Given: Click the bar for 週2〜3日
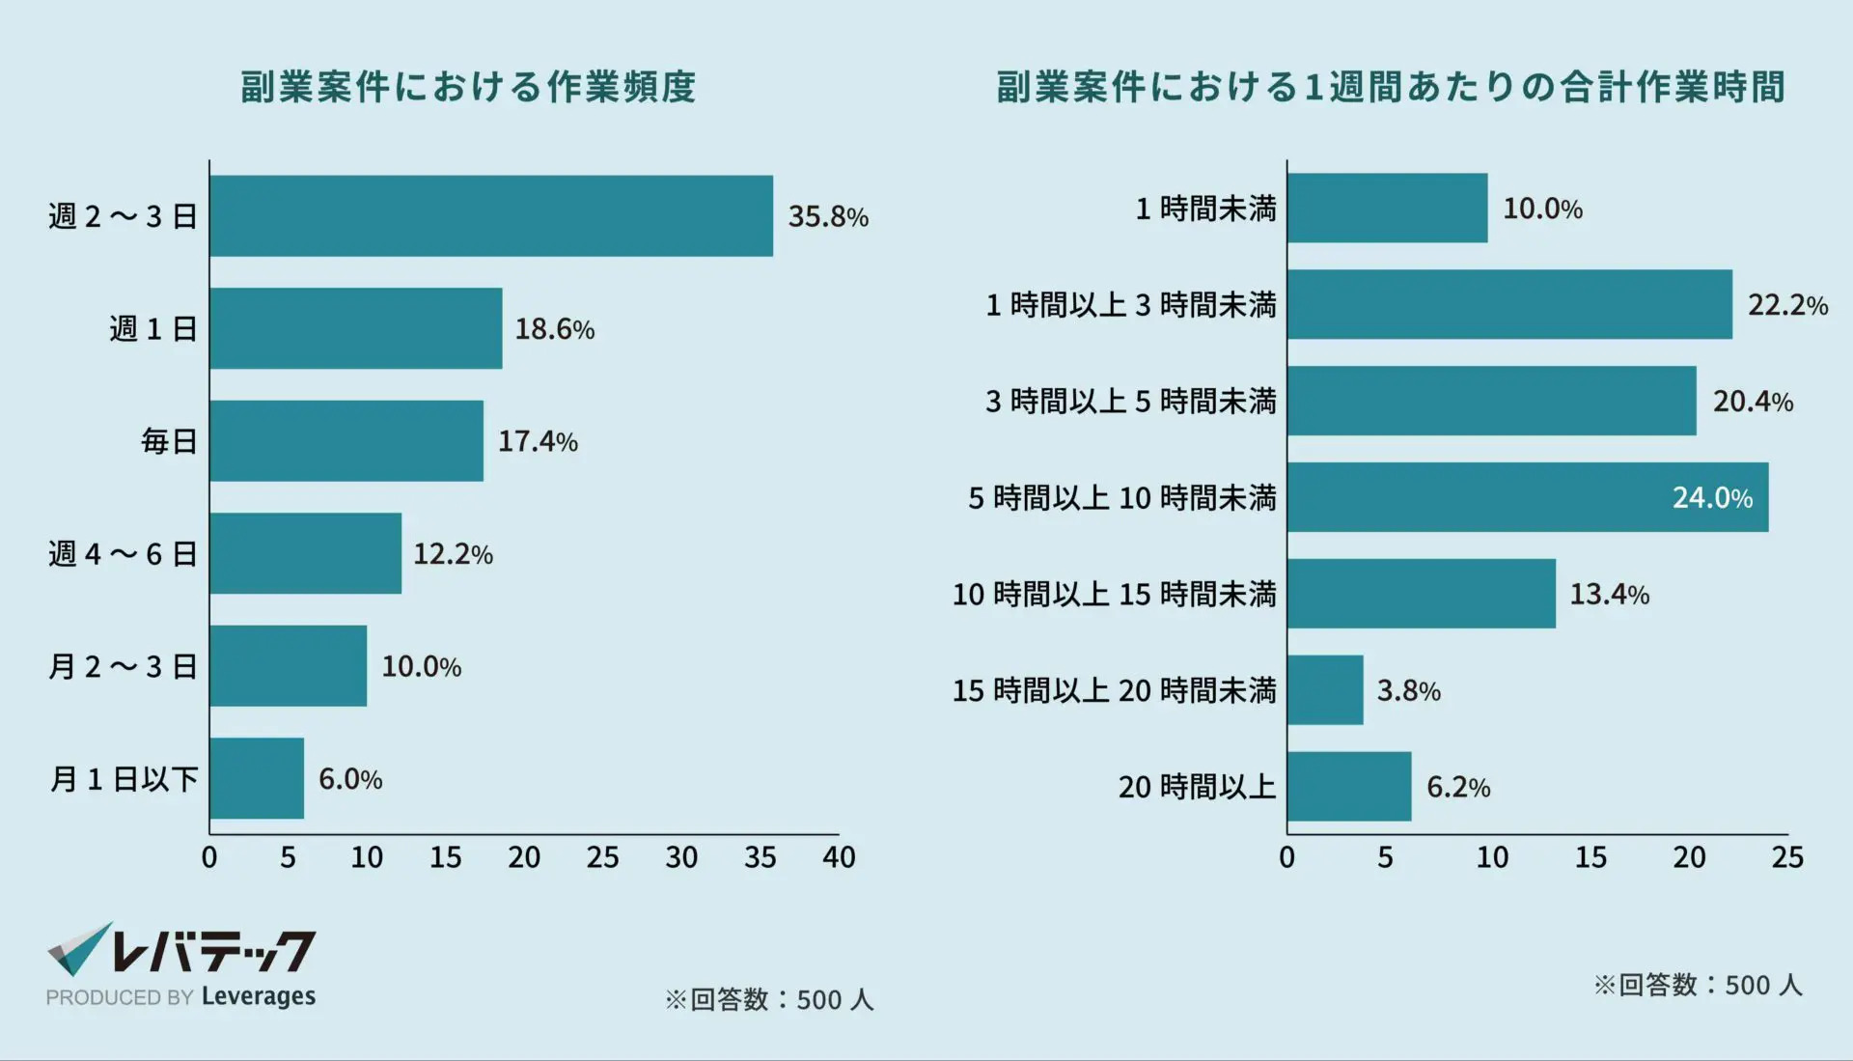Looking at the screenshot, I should (x=490, y=215).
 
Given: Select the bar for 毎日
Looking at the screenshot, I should (x=346, y=441).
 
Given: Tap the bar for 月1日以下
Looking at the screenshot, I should (x=257, y=778).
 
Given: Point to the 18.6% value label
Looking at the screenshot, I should (x=554, y=329).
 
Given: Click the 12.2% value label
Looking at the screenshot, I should (x=453, y=554).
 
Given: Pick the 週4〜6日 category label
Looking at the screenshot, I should (x=123, y=554).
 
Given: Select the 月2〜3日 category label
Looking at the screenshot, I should (x=123, y=666).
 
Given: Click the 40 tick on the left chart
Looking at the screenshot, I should (x=839, y=857).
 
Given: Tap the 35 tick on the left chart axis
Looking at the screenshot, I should (x=760, y=857).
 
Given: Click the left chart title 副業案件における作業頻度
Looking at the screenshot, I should (x=468, y=87).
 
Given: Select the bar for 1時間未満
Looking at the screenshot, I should (x=1387, y=208).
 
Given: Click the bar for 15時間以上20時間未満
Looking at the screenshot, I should (x=1325, y=690).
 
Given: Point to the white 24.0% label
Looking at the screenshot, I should (x=1712, y=497).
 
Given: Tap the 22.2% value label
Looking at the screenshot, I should (x=1787, y=305).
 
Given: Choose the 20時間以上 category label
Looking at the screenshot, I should (x=1197, y=787).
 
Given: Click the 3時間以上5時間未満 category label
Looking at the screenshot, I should (x=1130, y=401).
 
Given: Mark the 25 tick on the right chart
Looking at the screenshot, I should (x=1787, y=857).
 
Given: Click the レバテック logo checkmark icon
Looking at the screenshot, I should (x=78, y=949).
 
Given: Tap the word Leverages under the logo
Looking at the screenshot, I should (x=259, y=996).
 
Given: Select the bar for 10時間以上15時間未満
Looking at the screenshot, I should (x=1421, y=594).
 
